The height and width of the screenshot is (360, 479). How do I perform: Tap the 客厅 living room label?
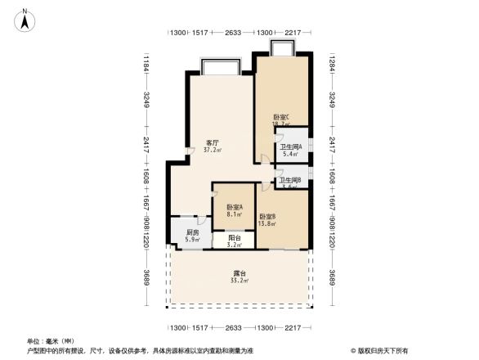[x=212, y=142]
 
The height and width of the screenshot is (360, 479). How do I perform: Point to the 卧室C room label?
[x=281, y=117]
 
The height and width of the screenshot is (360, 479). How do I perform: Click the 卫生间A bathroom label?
[x=291, y=146]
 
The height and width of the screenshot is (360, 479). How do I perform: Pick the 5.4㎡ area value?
[x=290, y=154]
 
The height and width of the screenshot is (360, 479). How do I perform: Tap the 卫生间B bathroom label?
[x=290, y=179]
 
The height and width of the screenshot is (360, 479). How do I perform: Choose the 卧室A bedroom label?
[x=235, y=207]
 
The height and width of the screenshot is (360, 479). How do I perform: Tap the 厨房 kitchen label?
[x=192, y=232]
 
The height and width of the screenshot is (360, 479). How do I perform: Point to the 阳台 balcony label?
[x=234, y=237]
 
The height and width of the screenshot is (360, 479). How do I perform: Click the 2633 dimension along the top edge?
[x=233, y=33]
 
